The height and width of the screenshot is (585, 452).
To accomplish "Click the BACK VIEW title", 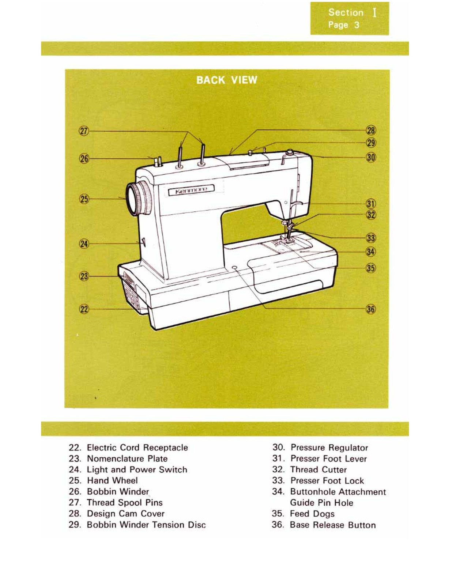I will [x=226, y=80].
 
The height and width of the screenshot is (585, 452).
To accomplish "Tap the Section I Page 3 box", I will [x=349, y=18].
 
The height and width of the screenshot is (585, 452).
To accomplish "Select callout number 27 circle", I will [x=84, y=131].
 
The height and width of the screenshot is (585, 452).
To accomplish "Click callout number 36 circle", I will [x=371, y=309].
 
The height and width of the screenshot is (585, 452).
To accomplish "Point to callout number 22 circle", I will [x=84, y=309].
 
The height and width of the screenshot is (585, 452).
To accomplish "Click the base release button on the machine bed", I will [x=234, y=268].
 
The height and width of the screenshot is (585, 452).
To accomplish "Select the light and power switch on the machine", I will [x=143, y=242].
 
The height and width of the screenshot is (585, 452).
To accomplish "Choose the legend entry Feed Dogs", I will [x=312, y=514].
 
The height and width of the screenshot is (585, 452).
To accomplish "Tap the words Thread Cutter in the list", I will [x=318, y=469].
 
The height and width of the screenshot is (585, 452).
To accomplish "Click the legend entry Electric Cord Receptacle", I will [x=137, y=448].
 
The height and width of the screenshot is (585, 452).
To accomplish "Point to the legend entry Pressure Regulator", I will [x=329, y=448].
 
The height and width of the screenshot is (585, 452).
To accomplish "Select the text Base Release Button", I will [x=332, y=525].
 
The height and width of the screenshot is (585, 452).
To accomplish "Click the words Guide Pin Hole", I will [x=321, y=503].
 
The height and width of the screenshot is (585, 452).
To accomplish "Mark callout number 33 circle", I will [x=371, y=238].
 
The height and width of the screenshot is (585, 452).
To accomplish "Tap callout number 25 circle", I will [x=84, y=199].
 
